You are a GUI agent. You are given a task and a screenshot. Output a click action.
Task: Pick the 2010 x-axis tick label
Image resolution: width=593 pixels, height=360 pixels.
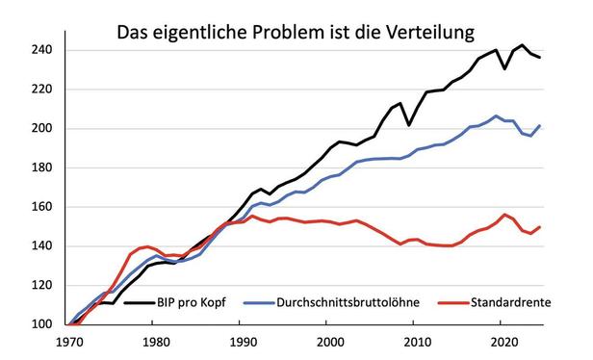pyautogui.click(x=415, y=342)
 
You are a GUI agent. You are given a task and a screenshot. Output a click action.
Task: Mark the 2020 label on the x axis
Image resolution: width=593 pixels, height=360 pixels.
pyautogui.click(x=501, y=342)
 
